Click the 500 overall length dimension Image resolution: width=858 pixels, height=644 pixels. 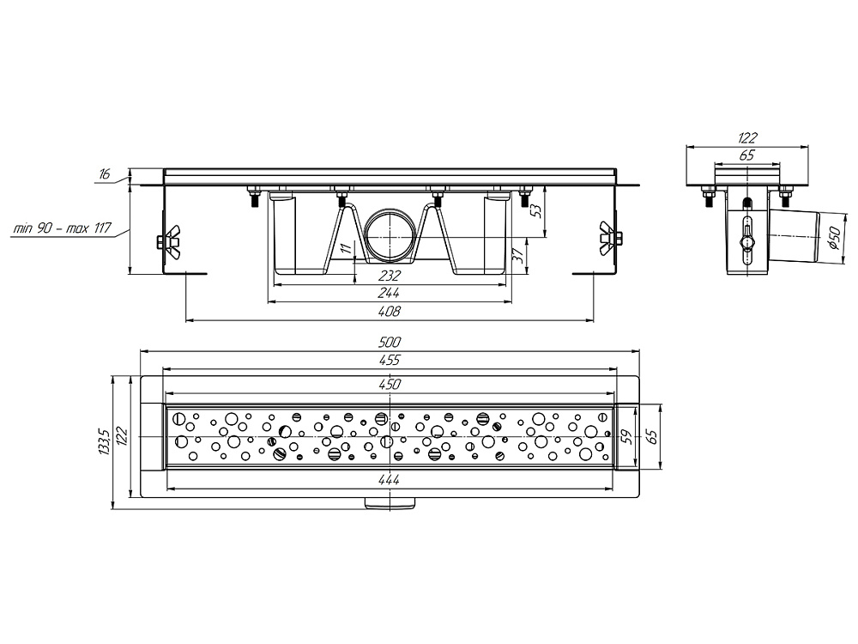coord(389,343)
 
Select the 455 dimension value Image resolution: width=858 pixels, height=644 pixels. coord(389,360)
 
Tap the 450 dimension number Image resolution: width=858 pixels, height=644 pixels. coord(389,385)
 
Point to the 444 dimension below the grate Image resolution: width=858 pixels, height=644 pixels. coord(389,480)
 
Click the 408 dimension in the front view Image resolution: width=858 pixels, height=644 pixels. coord(389,312)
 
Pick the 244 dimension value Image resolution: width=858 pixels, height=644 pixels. coord(389,294)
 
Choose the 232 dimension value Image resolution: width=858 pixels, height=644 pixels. coord(389,276)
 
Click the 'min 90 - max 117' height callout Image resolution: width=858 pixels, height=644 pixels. coord(62,228)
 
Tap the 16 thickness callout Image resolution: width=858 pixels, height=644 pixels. coord(104,174)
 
